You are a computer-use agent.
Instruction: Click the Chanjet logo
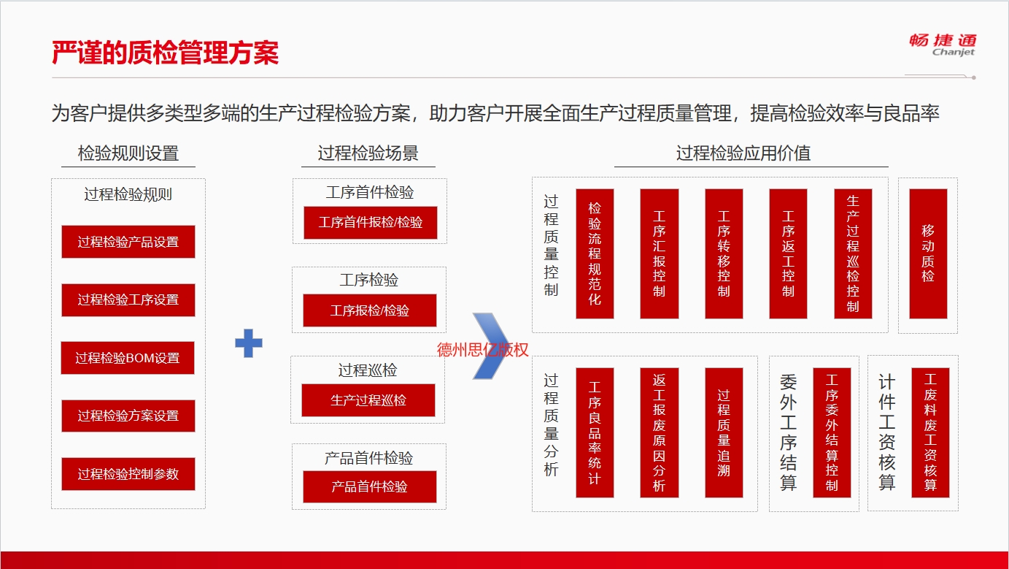coord(943,45)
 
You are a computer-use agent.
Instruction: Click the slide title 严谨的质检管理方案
coord(166,53)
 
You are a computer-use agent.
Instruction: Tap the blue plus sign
coord(249,343)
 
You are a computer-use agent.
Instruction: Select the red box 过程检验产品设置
coord(128,242)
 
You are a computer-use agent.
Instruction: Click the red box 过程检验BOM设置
coord(128,358)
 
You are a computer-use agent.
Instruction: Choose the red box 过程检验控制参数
coord(128,474)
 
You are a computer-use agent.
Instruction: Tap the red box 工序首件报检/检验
coord(371,222)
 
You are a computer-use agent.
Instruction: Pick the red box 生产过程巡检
coord(368,400)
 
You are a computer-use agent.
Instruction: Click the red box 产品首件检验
coord(370,486)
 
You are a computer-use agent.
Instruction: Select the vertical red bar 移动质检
coord(928,253)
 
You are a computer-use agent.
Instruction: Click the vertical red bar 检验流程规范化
coord(595,253)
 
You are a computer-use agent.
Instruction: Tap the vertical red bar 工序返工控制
coord(788,253)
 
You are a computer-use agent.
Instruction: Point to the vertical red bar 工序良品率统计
coord(595,433)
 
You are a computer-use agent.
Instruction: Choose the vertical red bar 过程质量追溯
coord(724,433)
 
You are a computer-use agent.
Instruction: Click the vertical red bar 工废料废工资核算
coord(930,433)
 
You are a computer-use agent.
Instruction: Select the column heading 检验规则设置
coord(128,153)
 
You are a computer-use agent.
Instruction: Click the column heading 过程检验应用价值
coord(743,153)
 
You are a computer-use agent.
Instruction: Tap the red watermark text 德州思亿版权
coord(482,350)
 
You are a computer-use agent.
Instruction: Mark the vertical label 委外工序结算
coord(788,432)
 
